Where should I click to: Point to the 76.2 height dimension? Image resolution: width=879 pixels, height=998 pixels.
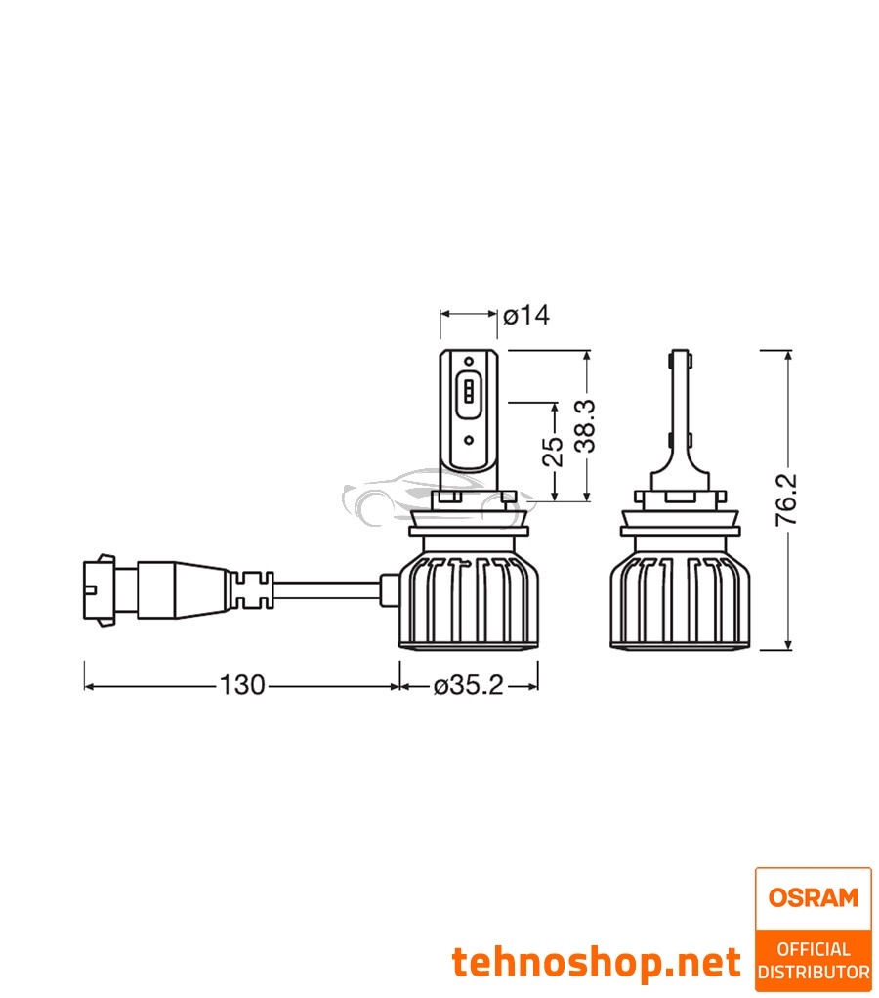pyautogui.click(x=786, y=500)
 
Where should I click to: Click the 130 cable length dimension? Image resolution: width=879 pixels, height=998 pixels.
pyautogui.click(x=241, y=686)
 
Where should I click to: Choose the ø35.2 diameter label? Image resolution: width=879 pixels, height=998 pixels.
pyautogui.click(x=468, y=686)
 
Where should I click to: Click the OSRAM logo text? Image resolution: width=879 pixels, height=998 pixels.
pyautogui.click(x=813, y=897)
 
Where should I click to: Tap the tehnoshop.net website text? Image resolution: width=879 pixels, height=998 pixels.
pyautogui.click(x=597, y=963)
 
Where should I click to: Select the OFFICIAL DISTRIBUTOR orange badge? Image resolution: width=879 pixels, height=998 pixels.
pyautogui.click(x=813, y=960)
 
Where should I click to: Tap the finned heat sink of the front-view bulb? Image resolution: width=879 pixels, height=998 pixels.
pyautogui.click(x=469, y=600)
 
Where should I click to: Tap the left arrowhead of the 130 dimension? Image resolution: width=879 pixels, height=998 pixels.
pyautogui.click(x=89, y=686)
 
